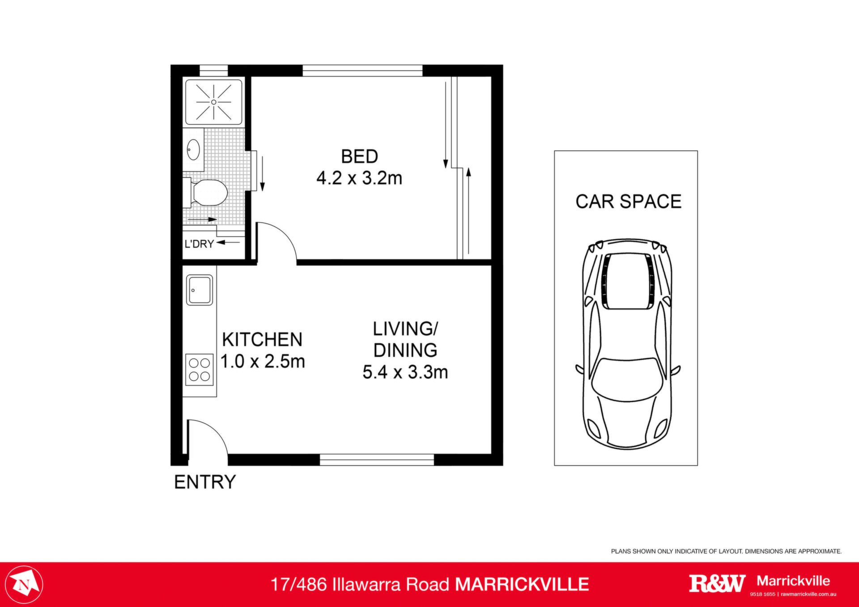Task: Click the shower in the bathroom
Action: tap(214, 102)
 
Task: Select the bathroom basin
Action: tap(193, 149)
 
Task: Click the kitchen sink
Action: tap(200, 290)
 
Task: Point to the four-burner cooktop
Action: tap(200, 369)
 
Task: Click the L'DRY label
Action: tap(199, 244)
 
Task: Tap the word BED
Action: tap(359, 157)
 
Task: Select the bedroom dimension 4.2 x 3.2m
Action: tap(359, 178)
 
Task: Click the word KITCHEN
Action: tap(262, 340)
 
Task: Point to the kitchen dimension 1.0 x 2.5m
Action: tap(263, 361)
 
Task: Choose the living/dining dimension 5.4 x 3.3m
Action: tap(405, 372)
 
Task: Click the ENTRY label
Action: tap(205, 482)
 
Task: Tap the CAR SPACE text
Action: tap(629, 202)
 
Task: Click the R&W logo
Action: tap(717, 583)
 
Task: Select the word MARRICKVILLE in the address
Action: tap(522, 585)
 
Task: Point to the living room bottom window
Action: tap(377, 459)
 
